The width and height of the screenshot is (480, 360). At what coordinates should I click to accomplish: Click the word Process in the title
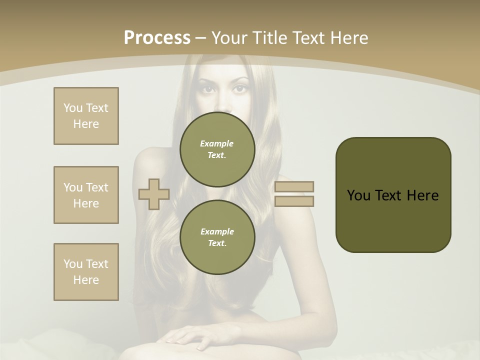coord(157,38)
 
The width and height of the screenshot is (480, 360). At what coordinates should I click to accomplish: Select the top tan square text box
coord(86,116)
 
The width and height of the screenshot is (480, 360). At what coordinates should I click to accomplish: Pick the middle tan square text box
coord(86,195)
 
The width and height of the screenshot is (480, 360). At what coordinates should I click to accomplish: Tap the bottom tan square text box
coord(86,272)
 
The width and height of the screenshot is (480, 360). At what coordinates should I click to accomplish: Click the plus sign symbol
coord(154,194)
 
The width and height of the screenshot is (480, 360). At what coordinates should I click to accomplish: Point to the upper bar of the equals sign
coord(294,186)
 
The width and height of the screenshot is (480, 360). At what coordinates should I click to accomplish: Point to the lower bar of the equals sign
coord(294,201)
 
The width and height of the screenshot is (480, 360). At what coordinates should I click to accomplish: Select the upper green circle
coord(217,149)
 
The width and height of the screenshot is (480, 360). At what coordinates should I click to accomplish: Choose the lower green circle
coord(217,237)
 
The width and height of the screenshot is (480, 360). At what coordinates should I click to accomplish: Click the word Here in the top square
coord(86,124)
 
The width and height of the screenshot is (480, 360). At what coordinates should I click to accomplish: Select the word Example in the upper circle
coord(217,143)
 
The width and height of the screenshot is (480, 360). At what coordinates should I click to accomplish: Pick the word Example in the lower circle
coord(217,231)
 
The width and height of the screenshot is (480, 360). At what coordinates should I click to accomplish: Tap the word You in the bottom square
coord(73,264)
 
